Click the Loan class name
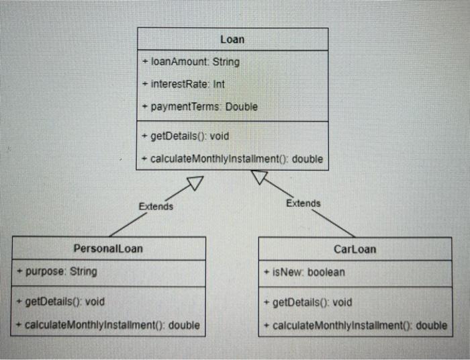click(232, 40)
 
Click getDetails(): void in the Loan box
click(185, 136)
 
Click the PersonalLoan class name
click(108, 249)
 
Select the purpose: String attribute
click(58, 271)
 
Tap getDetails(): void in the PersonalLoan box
click(61, 302)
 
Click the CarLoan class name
click(355, 249)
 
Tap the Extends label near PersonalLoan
click(156, 206)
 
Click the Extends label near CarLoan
click(303, 203)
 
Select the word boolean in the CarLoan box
click(326, 272)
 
